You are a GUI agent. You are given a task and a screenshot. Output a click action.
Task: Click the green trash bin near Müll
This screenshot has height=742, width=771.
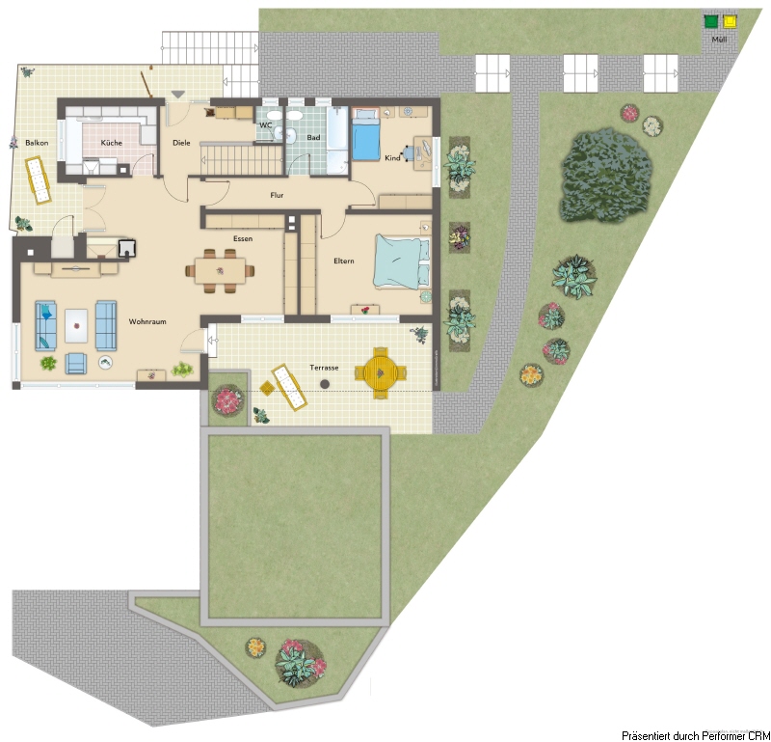pos(710,21)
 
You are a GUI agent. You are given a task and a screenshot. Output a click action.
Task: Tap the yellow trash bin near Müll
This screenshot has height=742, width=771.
pos(730,21)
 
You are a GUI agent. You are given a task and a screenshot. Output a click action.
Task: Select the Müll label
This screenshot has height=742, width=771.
pos(719,39)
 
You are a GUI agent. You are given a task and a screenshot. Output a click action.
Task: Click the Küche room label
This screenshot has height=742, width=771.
pos(111,143)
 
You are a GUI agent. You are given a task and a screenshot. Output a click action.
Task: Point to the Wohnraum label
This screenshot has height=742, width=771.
pos(147,321)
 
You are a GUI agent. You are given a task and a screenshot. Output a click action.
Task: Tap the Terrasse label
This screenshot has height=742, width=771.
pos(324,368)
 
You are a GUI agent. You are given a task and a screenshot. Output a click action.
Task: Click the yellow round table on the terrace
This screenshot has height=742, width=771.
pos(380,372)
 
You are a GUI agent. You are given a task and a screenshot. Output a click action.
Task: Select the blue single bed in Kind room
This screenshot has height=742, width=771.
pos(366,135)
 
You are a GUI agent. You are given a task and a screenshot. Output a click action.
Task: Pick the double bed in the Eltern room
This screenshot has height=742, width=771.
pos(402,261)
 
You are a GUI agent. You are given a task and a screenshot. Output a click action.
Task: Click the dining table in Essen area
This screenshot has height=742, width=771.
pos(220,271)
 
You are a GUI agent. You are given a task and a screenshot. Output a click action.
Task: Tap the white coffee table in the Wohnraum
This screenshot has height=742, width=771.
pos(76,325)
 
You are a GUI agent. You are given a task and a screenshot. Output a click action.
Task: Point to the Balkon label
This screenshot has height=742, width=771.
pos(37,143)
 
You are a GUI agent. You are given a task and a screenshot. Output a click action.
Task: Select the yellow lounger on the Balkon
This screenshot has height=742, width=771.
pos(38,179)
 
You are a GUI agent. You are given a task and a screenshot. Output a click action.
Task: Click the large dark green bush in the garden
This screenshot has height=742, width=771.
pos(607,176)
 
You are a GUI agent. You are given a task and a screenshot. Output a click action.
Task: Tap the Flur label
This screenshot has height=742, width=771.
pos(277,195)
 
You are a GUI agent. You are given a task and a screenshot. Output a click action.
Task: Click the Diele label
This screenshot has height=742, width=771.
pos(181,143)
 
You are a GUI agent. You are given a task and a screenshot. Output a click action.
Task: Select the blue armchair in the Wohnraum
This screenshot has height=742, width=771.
pos(76,364)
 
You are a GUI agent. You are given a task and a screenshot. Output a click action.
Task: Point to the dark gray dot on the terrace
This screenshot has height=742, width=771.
pos(325,384)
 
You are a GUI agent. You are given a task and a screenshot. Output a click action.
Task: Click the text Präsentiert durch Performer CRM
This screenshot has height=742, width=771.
pos(696,736)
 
